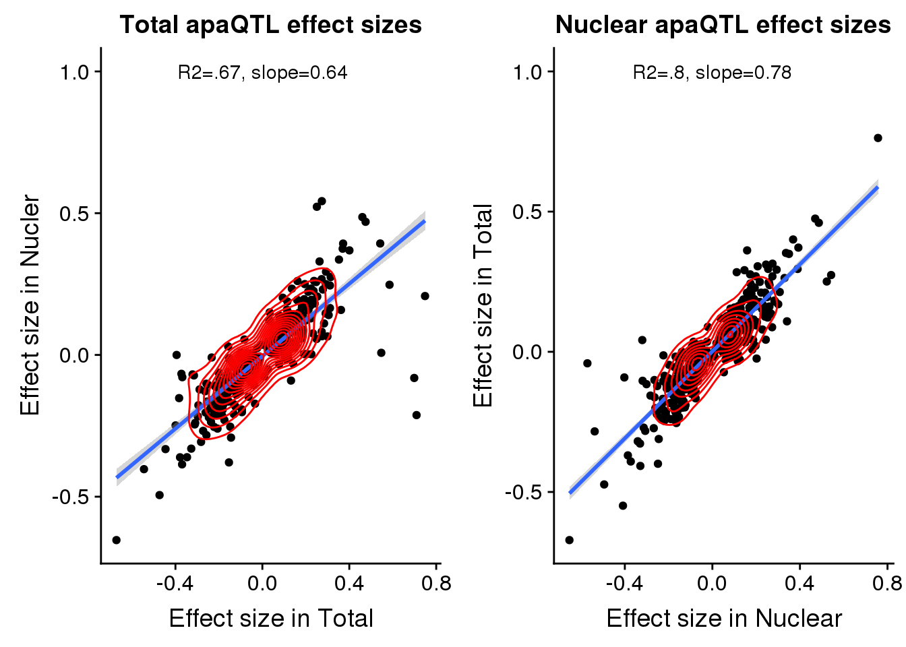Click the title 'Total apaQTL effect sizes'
[270, 25]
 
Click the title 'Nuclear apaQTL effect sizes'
[723, 25]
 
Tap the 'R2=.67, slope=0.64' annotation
[262, 73]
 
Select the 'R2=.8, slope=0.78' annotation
[712, 73]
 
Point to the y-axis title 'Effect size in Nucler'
[30, 305]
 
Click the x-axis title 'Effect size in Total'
[271, 618]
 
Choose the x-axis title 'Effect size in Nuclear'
[724, 618]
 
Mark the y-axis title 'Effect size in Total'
[483, 305]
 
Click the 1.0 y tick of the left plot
[74, 72]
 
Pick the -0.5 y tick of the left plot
[71, 497]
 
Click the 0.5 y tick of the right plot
[527, 212]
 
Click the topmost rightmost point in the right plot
[878, 138]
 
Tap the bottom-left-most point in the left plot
[116, 540]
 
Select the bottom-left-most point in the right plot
[569, 540]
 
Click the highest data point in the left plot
[322, 201]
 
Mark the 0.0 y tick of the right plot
[527, 352]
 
